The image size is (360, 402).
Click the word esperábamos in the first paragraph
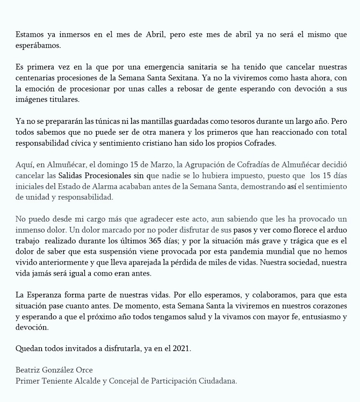38,45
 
